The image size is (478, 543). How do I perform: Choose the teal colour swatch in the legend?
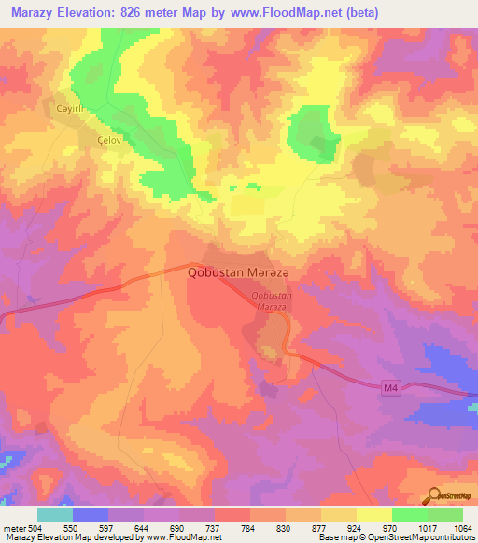(55, 514)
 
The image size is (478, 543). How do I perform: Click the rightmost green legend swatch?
(445, 514)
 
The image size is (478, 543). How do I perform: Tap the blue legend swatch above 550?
(91, 514)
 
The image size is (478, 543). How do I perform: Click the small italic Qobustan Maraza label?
(273, 300)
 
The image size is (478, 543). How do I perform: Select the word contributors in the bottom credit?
(450, 538)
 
